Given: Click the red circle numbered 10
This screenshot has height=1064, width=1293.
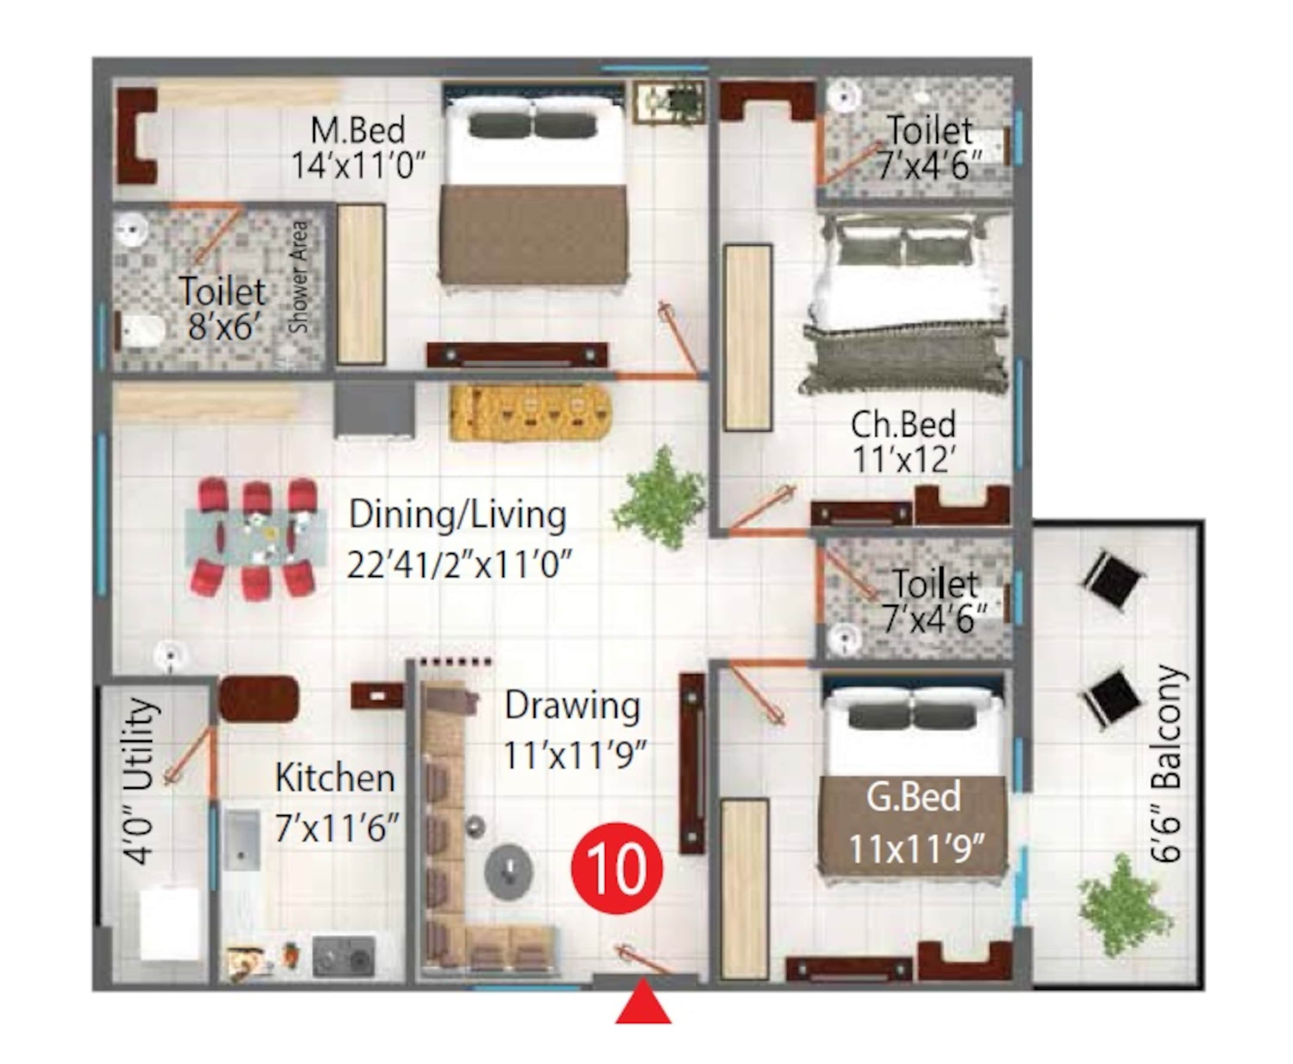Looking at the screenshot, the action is pos(616,868).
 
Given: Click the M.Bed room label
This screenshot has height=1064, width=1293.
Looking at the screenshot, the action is pos(358,131).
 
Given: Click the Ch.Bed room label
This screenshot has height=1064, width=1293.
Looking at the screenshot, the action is pos(903,425).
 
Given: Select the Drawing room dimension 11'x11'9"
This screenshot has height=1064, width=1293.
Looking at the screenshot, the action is pos(575,755).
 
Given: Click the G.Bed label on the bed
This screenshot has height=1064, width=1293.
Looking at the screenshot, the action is pos(913,798).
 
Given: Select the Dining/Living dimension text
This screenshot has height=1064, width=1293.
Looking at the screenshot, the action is pos(459,564).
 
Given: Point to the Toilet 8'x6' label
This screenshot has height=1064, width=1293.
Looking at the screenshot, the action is pos(222,308).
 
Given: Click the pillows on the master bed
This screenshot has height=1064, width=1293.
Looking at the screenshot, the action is pos(532,125).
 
